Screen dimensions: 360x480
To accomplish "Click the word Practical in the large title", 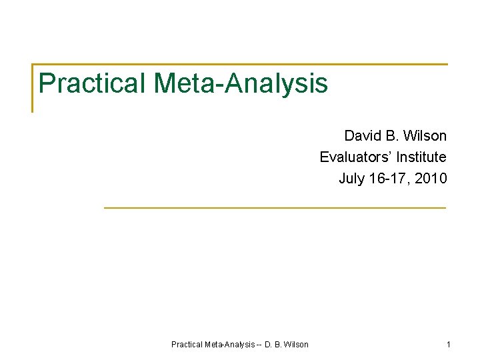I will [x=93, y=83].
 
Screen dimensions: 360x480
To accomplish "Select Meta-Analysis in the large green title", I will [x=241, y=83].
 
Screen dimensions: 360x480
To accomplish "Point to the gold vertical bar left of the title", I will [x=33, y=88].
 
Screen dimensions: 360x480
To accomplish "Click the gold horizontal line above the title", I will [x=240, y=65].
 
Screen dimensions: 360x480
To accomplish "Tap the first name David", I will [x=363, y=136].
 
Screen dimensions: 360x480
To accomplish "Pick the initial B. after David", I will [x=392, y=136].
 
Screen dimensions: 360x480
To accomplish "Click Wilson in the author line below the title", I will [x=425, y=136].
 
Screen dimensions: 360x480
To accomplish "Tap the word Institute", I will [x=421, y=157].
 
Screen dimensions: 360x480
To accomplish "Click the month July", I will [x=351, y=179].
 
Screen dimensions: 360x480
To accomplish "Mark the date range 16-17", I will [x=389, y=179].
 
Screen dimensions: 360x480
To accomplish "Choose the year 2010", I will [x=431, y=179].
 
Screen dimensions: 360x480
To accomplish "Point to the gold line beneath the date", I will [x=275, y=208].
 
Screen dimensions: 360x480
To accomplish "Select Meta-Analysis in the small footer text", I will [x=230, y=345].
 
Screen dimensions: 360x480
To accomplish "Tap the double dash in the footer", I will [x=259, y=345].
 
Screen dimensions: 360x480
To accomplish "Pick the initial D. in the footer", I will [x=268, y=345].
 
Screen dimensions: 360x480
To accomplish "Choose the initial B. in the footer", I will [x=278, y=345].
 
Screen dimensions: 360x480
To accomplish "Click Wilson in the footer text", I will [x=297, y=345].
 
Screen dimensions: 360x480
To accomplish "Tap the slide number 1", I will [x=449, y=345].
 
